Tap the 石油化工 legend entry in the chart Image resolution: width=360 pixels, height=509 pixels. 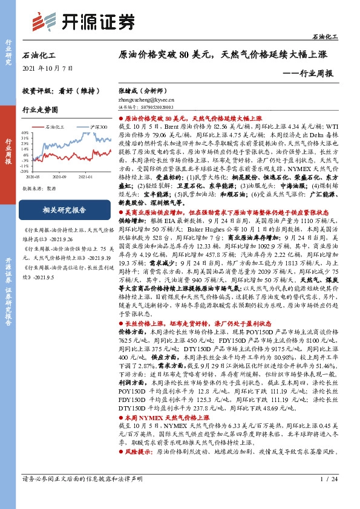click(x=57, y=127)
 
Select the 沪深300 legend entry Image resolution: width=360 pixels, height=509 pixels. click(x=97, y=127)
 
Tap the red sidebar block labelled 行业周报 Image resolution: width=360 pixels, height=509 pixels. click(x=8, y=151)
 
